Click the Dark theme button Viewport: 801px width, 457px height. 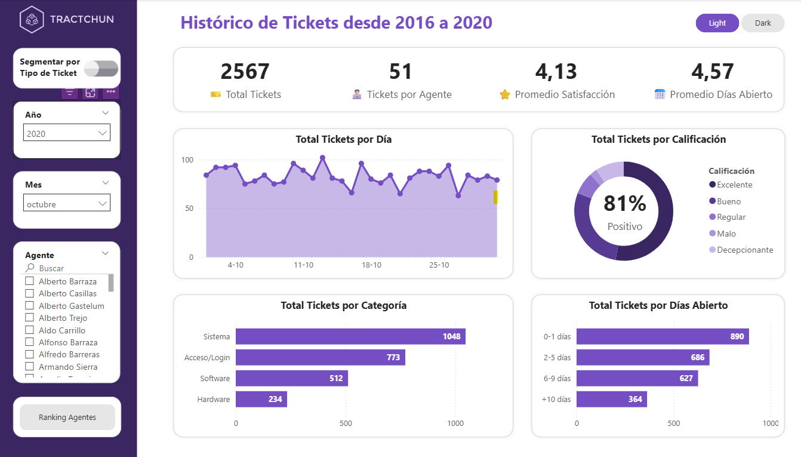tap(762, 23)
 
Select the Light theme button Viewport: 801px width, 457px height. tap(717, 23)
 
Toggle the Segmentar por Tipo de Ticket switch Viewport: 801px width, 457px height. tap(101, 69)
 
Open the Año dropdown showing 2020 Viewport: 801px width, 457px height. tap(67, 133)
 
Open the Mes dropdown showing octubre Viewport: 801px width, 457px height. tap(67, 204)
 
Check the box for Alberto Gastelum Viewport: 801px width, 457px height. tap(29, 306)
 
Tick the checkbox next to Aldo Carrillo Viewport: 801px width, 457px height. tap(29, 330)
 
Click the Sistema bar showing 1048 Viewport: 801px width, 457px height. tap(350, 336)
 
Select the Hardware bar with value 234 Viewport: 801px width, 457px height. tap(261, 399)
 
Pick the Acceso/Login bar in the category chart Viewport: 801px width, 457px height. tap(320, 357)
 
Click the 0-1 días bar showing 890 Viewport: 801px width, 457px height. tap(662, 336)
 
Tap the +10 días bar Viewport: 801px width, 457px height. tap(611, 399)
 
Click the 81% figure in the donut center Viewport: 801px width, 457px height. tap(624, 204)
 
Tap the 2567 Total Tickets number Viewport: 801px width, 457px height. tap(245, 72)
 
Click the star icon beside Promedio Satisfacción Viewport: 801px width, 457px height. tap(505, 94)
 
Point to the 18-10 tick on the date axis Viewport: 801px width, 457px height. tap(371, 265)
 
